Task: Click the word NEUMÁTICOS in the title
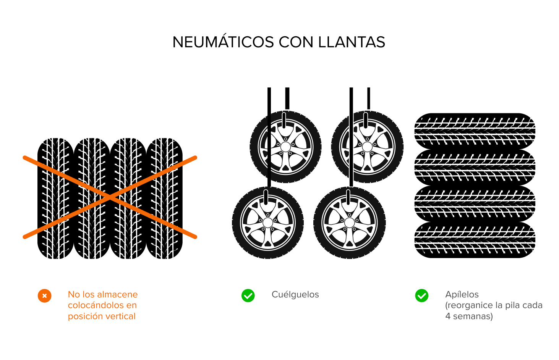224,42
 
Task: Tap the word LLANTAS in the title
352,42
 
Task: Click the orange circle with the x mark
44,296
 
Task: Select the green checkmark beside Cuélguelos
248,295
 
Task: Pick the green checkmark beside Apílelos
422,295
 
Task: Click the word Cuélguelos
295,295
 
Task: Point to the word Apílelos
462,295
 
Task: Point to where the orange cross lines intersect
110,197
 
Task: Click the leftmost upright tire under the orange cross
55,198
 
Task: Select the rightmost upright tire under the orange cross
164,198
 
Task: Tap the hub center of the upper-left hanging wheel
285,147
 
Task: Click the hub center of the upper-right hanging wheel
367,147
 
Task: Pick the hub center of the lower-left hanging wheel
268,223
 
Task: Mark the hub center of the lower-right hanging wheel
350,223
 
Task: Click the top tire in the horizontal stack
475,131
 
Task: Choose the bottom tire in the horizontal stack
475,240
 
